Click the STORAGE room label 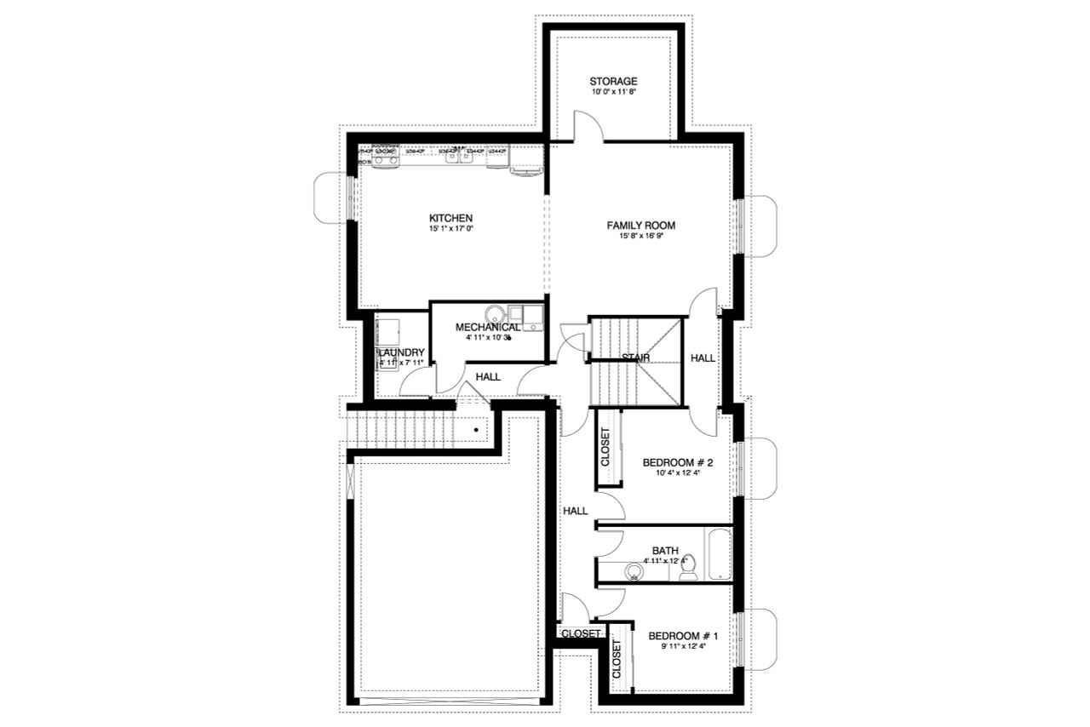click(x=613, y=82)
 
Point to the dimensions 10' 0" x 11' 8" click(x=613, y=92)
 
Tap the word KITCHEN click(x=450, y=218)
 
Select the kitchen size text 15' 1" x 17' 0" click(x=450, y=229)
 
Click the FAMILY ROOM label click(x=640, y=226)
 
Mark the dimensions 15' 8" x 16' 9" click(x=640, y=237)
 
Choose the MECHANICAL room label click(x=488, y=327)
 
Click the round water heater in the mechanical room click(x=496, y=314)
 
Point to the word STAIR click(x=637, y=358)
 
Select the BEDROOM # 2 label click(x=677, y=463)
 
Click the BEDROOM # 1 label click(x=684, y=636)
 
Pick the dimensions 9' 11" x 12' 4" click(x=684, y=647)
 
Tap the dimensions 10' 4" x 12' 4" click(x=677, y=474)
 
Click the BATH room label click(x=664, y=551)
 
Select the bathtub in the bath click(x=719, y=553)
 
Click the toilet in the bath click(x=691, y=567)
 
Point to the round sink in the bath click(x=634, y=571)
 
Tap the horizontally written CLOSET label click(x=582, y=633)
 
